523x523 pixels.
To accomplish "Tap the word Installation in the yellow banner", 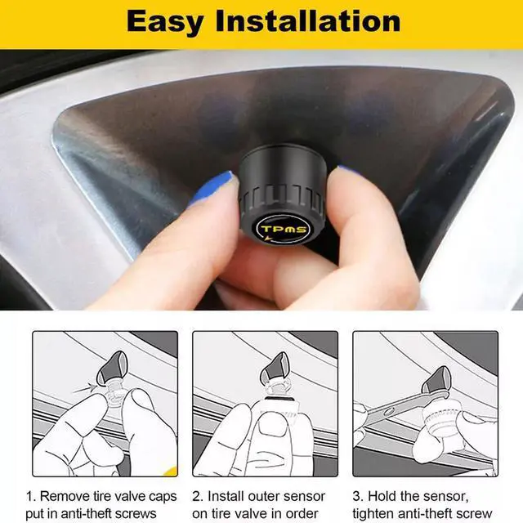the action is click(308, 21).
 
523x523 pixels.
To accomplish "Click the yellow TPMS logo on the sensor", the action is click(284, 229).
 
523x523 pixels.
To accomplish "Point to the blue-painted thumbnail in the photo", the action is click(211, 188).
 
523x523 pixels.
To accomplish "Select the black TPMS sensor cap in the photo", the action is click(282, 194).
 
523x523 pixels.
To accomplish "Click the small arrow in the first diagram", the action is click(84, 389).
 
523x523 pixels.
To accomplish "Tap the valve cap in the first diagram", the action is click(112, 368).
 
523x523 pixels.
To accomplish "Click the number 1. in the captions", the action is click(31, 496).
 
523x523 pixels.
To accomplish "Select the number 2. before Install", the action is click(198, 496).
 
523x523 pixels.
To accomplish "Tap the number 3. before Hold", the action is click(358, 496).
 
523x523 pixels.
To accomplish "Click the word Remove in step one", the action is click(64, 496).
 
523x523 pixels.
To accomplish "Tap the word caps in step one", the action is click(163, 497).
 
